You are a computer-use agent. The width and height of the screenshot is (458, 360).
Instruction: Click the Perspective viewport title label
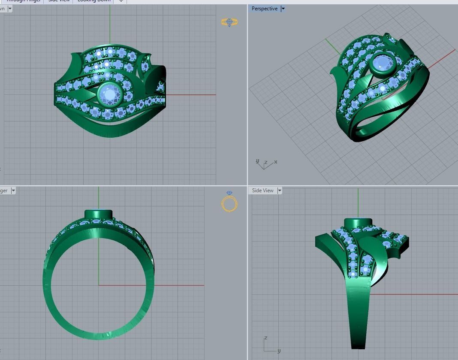[264, 9]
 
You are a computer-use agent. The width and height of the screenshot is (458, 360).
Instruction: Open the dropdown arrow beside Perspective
[283, 9]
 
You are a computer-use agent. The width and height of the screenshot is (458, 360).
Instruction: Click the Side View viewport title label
[262, 191]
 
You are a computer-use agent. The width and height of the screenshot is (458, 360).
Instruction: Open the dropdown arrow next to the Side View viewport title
[280, 191]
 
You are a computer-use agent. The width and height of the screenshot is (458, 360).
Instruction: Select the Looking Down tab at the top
[93, 1]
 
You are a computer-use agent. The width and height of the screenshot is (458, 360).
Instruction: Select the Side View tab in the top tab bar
[59, 1]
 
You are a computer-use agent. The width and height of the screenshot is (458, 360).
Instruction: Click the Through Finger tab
[24, 1]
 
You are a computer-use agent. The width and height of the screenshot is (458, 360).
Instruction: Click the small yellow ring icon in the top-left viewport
[229, 22]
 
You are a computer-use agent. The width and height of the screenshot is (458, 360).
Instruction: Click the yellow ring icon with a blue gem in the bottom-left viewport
[229, 203]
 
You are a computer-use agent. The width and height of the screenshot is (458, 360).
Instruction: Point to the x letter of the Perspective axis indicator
[276, 162]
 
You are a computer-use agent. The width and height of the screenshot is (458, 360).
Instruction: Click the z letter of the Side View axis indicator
[266, 338]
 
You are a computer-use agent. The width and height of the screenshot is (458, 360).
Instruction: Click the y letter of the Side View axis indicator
[279, 351]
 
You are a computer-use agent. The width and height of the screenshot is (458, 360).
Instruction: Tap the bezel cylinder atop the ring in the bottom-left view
[98, 214]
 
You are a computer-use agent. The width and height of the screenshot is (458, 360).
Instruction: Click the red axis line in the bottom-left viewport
[180, 285]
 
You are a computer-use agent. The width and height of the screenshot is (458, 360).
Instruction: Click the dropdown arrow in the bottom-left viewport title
[13, 191]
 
